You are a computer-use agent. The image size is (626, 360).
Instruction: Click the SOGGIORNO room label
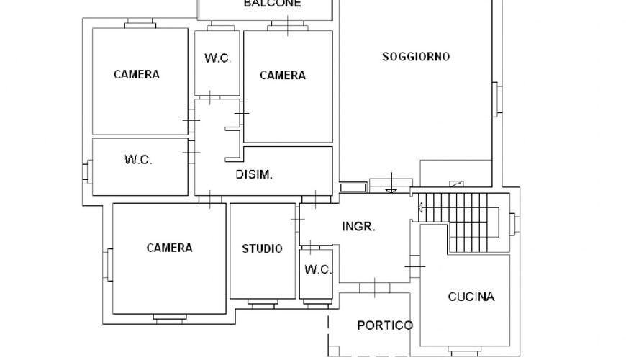[416, 57]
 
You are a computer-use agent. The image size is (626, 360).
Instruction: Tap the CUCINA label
[471, 297]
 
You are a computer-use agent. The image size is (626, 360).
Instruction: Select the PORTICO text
[385, 325]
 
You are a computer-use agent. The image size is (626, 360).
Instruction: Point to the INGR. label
[358, 227]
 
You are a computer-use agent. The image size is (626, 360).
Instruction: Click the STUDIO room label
[263, 248]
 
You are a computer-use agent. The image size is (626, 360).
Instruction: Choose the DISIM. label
[254, 175]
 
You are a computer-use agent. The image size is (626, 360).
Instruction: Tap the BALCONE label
[272, 4]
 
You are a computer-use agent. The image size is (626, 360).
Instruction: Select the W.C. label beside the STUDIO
[318, 270]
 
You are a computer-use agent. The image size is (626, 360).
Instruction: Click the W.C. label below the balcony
[217, 58]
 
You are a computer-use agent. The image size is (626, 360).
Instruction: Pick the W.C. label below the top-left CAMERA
[138, 160]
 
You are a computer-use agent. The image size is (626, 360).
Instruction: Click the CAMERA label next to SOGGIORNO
[283, 75]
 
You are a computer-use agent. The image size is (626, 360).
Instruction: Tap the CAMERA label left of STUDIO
[169, 248]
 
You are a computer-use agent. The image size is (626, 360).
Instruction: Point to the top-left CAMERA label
[137, 74]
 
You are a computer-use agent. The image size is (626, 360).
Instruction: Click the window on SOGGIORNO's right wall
[497, 99]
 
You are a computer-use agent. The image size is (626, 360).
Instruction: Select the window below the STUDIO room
[262, 303]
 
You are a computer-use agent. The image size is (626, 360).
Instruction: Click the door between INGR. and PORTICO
[374, 288]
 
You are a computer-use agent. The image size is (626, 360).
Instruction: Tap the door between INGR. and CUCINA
[414, 266]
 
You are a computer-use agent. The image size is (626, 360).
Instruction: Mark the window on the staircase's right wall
[514, 223]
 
